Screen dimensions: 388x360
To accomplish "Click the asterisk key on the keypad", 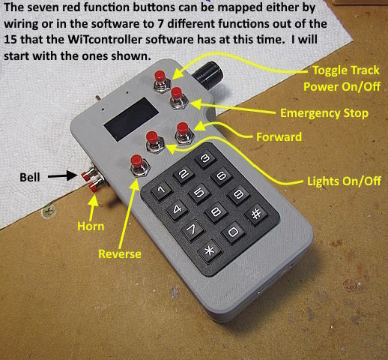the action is pyautogui.click(x=210, y=251).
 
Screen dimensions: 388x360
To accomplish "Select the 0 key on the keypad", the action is pyautogui.click(x=234, y=232).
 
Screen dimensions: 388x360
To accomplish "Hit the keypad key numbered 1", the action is pyautogui.click(x=162, y=190).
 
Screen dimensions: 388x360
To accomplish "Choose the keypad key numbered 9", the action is pyautogui.click(x=239, y=194).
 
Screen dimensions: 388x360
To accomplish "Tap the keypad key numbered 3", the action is pyautogui.click(x=205, y=158).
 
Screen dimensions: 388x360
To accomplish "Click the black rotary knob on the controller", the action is pyautogui.click(x=209, y=73).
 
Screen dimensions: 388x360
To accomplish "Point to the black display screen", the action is pyautogui.click(x=131, y=119).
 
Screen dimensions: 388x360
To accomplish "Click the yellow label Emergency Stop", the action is pyautogui.click(x=324, y=113).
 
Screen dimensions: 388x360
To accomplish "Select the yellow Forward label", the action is pyautogui.click(x=279, y=137).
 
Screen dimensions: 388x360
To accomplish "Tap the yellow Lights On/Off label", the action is pyautogui.click(x=344, y=181).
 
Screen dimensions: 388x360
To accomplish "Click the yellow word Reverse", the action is pyautogui.click(x=120, y=253).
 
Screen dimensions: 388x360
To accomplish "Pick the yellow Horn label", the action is pyautogui.click(x=91, y=226).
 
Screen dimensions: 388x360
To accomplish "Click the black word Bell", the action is pyautogui.click(x=30, y=178).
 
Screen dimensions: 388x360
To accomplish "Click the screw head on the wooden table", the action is pyautogui.click(x=49, y=211).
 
